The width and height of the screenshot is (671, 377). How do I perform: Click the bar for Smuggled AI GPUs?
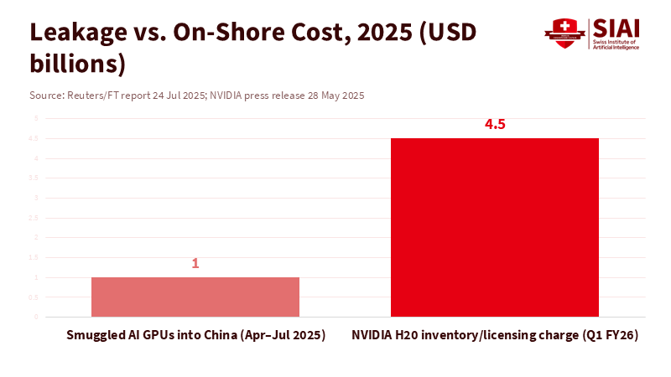click(x=195, y=297)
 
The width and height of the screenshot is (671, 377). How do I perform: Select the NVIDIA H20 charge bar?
click(x=495, y=227)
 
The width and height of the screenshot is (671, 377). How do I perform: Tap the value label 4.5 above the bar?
click(x=495, y=125)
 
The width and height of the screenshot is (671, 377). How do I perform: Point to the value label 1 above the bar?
click(x=195, y=263)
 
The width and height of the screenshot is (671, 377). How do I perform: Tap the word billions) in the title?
click(x=78, y=63)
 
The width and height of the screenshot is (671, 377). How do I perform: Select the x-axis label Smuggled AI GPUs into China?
click(x=195, y=335)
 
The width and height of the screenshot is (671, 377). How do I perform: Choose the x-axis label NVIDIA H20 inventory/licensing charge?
click(x=494, y=335)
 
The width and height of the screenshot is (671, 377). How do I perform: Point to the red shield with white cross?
click(x=561, y=33)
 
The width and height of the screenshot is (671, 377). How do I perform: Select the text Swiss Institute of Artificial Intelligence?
click(x=619, y=44)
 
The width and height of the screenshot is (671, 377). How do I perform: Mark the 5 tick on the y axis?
click(x=36, y=119)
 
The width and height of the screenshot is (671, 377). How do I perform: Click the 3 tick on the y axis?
click(x=36, y=198)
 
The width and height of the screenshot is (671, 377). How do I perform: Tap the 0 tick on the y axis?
click(x=36, y=318)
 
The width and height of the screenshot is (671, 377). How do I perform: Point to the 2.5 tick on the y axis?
click(x=34, y=218)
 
